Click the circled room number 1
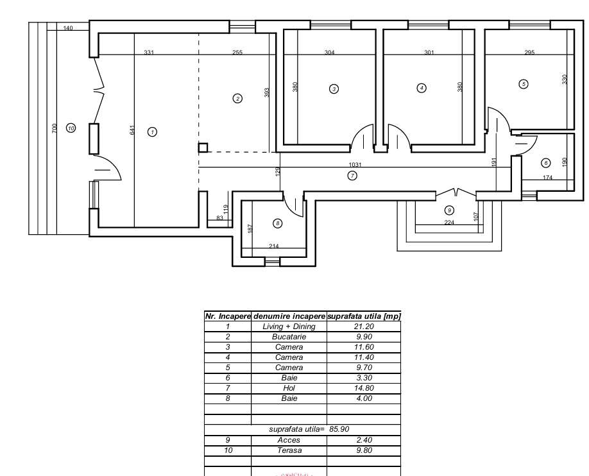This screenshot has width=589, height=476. pos(152,132)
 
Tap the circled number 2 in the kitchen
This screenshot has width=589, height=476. pos(237,99)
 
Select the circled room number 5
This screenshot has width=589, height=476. pos(524,84)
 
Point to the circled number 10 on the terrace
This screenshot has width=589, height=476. pos(71,128)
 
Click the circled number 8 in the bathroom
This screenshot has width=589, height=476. pos(277,223)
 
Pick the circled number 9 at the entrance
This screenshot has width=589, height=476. pos(449,210)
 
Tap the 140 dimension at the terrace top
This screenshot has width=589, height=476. pos(68,28)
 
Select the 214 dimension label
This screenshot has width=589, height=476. pos(274,246)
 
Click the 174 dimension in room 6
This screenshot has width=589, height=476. pos(547,178)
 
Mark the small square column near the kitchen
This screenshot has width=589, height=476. pos(203,148)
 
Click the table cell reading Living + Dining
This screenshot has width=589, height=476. pos(289,327)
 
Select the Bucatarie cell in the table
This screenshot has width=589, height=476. pos(289,337)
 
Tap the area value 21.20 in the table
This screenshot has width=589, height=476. pos(363,327)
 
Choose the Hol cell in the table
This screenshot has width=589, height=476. pos(289,388)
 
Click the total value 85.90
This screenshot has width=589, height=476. pos(339,429)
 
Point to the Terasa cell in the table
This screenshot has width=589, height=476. pos(289,450)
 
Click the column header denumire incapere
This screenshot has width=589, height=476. pos(289,316)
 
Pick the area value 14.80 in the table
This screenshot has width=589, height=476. pos(363,388)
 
